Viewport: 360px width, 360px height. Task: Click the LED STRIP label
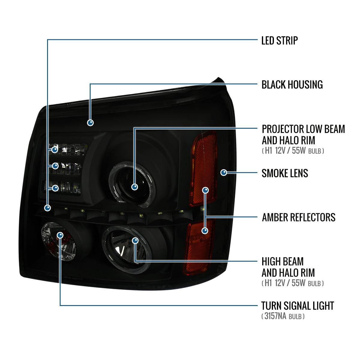(x=279, y=40)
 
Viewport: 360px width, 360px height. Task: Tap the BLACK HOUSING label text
(x=292, y=85)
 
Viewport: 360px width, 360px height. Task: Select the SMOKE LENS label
(x=285, y=173)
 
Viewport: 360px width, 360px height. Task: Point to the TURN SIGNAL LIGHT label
(x=297, y=306)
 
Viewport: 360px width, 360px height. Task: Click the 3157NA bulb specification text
(x=283, y=316)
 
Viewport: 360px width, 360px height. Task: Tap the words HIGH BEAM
(x=283, y=262)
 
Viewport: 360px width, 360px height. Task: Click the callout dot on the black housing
(x=90, y=122)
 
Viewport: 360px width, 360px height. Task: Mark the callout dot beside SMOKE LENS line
(x=223, y=172)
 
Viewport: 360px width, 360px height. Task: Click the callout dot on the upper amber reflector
(x=205, y=190)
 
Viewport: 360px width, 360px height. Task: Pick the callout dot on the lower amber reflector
(x=205, y=231)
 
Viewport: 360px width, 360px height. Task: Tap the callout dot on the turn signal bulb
(x=60, y=235)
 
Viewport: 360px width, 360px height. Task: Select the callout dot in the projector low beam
(x=135, y=187)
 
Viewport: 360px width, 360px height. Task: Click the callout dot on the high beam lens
(x=135, y=240)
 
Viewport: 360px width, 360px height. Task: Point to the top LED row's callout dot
(x=55, y=149)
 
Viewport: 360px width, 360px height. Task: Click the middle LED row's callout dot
(x=55, y=166)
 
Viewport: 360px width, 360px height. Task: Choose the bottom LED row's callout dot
(x=55, y=188)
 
